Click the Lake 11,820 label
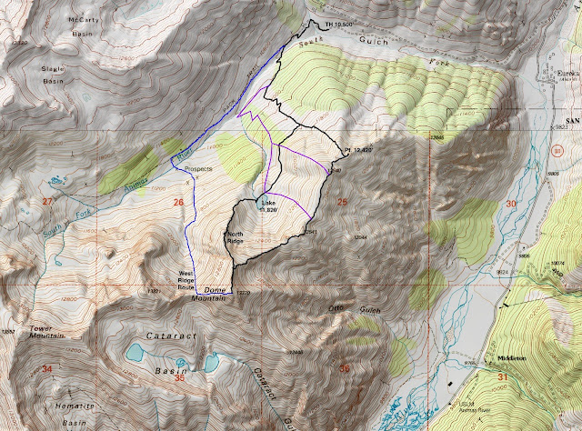(x=268, y=205)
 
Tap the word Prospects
(x=199, y=169)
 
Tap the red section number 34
(x=46, y=367)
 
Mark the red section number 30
(x=510, y=204)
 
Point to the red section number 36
(x=344, y=369)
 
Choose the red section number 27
(x=45, y=202)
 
